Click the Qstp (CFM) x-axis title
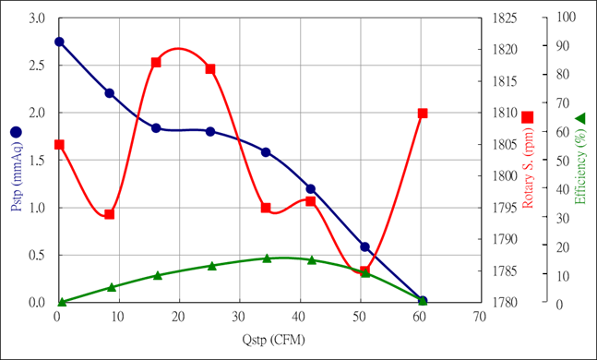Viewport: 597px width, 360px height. tap(274, 340)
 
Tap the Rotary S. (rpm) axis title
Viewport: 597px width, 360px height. tap(527, 168)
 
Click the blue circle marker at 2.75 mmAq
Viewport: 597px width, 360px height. tap(59, 42)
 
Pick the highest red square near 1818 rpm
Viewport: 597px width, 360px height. tap(156, 63)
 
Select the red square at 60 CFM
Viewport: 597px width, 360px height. tap(423, 114)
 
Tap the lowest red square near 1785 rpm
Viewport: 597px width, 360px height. tap(364, 271)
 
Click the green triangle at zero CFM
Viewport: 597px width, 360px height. tap(62, 302)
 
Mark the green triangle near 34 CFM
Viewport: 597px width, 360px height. tap(267, 258)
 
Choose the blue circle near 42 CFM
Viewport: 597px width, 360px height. tap(311, 188)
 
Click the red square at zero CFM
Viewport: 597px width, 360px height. tap(59, 145)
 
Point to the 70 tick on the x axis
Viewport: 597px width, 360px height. tap(479, 317)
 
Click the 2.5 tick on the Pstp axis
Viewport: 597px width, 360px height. tap(37, 66)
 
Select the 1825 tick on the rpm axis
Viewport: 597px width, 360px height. tap(505, 18)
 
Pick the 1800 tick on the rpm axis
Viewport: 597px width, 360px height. tap(505, 176)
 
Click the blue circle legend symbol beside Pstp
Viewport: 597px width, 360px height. tap(16, 132)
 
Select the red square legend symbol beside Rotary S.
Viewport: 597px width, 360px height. tap(527, 117)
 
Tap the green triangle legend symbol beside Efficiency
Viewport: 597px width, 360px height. tap(579, 118)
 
